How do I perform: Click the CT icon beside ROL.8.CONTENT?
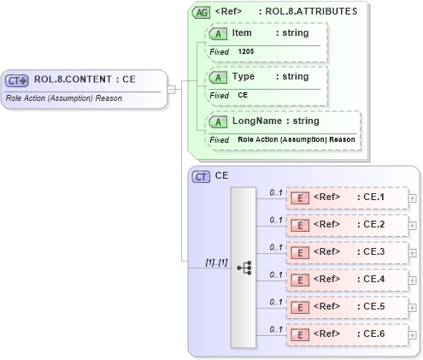point(17,80)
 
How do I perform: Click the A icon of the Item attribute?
point(218,32)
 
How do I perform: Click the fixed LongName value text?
point(297,139)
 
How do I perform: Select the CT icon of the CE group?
point(202,176)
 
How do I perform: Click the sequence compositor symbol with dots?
point(244,267)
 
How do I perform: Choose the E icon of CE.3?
point(300,252)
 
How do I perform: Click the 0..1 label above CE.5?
point(275,301)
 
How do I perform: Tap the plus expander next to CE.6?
point(413,334)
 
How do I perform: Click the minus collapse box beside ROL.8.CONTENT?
point(172,87)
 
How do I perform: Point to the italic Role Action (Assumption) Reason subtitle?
point(63,98)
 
